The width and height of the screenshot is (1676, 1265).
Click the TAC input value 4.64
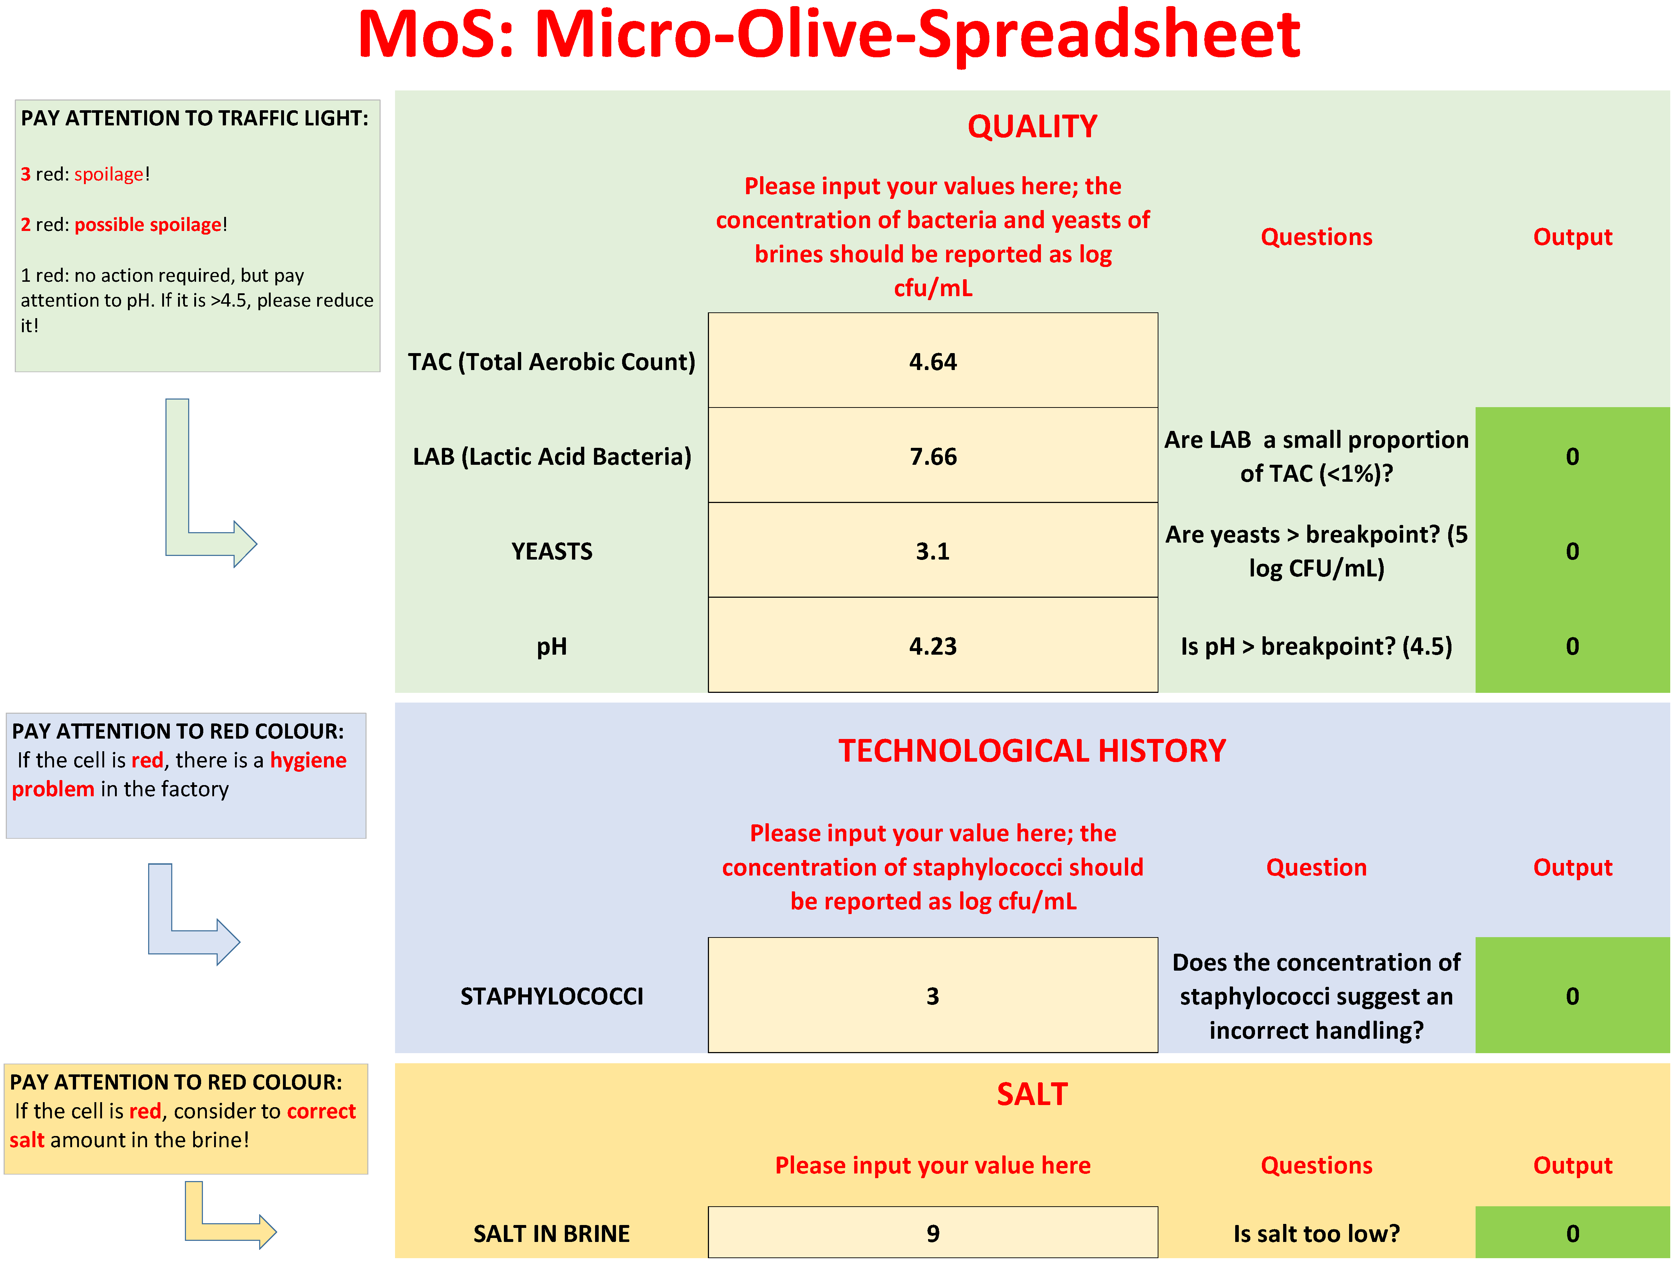click(x=933, y=362)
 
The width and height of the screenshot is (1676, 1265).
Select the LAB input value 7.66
click(x=933, y=457)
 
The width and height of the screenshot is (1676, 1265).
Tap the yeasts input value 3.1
click(x=933, y=552)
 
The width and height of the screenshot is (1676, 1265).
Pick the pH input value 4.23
click(x=933, y=646)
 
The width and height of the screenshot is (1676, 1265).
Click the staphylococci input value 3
click(x=933, y=996)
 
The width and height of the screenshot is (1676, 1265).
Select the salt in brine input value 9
click(x=933, y=1233)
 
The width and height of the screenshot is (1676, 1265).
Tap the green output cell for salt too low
click(x=1572, y=1233)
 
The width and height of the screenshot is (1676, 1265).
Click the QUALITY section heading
click(x=1032, y=126)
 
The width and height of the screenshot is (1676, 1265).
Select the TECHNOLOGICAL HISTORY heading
click(x=1032, y=750)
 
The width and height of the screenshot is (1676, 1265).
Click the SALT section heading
click(x=1032, y=1095)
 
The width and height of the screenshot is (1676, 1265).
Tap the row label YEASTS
click(x=551, y=552)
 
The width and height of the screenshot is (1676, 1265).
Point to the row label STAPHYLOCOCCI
click(x=551, y=996)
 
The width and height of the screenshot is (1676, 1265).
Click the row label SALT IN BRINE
click(x=551, y=1233)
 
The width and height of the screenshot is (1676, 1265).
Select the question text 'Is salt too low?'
click(x=1316, y=1233)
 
